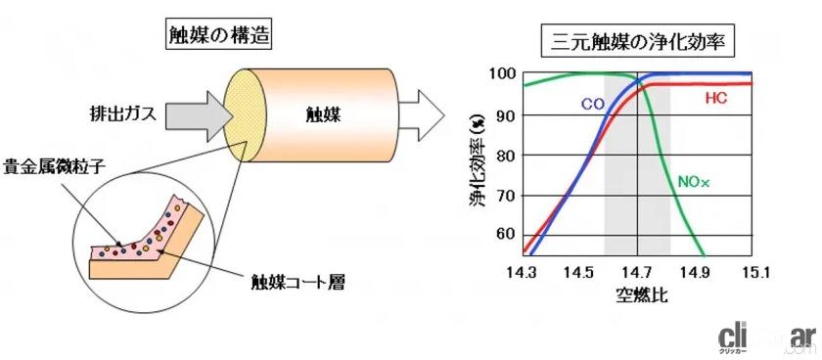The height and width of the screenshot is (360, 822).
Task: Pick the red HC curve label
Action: (716, 98)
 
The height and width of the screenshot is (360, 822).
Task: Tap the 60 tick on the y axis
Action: (505, 235)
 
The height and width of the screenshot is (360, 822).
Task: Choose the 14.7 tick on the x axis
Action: (637, 270)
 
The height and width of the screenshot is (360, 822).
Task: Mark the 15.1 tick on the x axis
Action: (753, 270)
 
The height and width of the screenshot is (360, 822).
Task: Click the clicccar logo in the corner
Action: (772, 337)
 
